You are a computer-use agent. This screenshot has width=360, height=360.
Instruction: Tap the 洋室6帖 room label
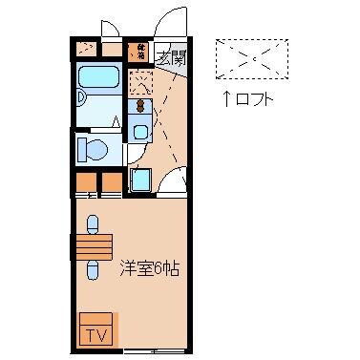pos(150,268)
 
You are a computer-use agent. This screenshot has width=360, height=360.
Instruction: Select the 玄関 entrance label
pos(171,57)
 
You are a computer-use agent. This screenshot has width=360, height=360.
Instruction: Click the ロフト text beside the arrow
pos(254,98)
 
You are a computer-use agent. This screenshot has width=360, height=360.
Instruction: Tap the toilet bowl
pos(93,149)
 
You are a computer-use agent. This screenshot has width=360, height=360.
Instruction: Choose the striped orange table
pos(95,246)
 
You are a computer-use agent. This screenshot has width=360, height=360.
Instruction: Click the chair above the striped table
pos(93,222)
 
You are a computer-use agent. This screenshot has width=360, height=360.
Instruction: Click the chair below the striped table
pos(93,271)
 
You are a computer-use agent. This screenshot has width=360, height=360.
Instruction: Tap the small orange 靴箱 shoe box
pos(140,49)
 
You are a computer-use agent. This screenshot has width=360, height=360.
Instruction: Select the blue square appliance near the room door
pos(140,179)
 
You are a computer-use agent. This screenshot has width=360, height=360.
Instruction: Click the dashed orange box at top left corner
pos(87,49)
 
